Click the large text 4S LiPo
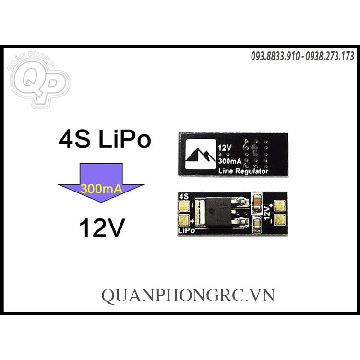tap(105, 140)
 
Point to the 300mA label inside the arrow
tap(100, 188)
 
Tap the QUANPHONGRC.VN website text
tap(188, 294)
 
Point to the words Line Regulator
tap(243, 171)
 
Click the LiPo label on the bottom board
tap(187, 231)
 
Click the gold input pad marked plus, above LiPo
tap(183, 220)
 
